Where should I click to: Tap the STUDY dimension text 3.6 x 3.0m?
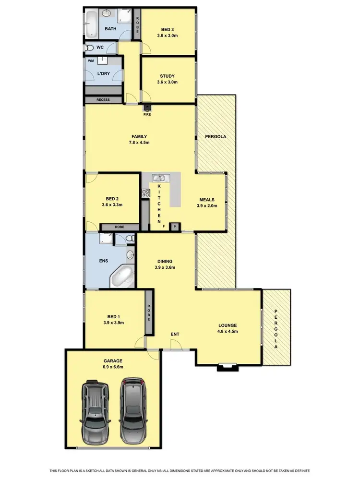pyautogui.click(x=168, y=82)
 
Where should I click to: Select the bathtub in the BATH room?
pyautogui.click(x=92, y=25)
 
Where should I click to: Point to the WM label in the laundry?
pyautogui.click(x=91, y=61)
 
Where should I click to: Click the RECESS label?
pyautogui.click(x=103, y=100)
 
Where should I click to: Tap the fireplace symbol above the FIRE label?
pyautogui.click(x=146, y=108)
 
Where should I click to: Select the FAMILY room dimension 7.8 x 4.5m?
pyautogui.click(x=140, y=143)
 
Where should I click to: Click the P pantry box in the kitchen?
pyautogui.click(x=175, y=227)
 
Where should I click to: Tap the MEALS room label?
pyautogui.click(x=206, y=200)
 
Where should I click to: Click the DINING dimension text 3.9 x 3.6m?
pyautogui.click(x=165, y=267)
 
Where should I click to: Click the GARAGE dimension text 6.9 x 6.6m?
pyautogui.click(x=112, y=367)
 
